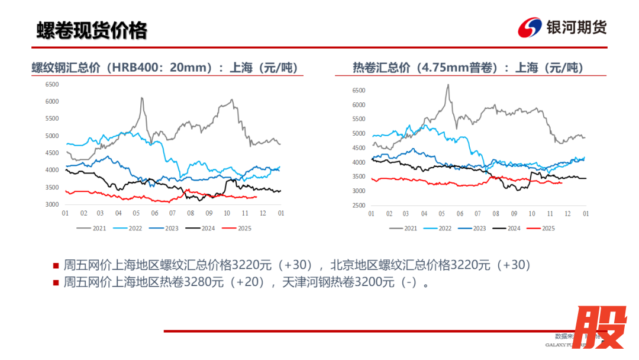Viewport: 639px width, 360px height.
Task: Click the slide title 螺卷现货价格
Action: [x=92, y=30]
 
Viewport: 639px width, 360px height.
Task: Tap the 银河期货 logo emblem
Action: [x=530, y=28]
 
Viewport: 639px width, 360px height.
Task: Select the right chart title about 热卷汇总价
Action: [x=468, y=67]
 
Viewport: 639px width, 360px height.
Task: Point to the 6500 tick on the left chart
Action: [x=52, y=85]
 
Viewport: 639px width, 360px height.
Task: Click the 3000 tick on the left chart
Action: [x=52, y=205]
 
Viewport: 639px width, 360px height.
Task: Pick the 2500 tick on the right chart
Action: [x=359, y=205]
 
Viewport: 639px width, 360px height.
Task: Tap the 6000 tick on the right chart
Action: [x=359, y=105]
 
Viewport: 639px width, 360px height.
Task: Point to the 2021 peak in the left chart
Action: [x=142, y=98]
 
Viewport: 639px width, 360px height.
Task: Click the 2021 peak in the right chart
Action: [x=448, y=85]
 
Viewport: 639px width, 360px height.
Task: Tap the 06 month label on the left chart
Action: [x=154, y=213]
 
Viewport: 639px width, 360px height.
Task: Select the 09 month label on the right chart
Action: [x=514, y=213]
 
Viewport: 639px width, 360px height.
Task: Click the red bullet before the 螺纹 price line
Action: [x=56, y=265]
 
